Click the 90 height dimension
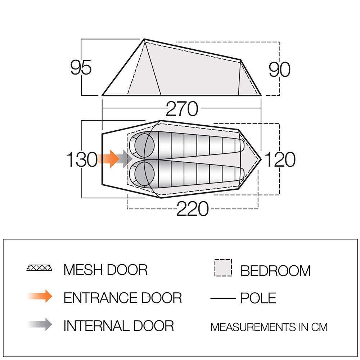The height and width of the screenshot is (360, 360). (x=279, y=69)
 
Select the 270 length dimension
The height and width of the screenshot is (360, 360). (x=182, y=109)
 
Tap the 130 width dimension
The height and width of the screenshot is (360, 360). (x=82, y=159)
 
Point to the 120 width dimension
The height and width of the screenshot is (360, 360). (x=280, y=159)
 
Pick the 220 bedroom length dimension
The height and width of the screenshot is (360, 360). (x=192, y=209)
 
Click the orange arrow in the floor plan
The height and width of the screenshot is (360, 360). (x=108, y=159)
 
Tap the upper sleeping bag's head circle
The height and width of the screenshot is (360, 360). (x=145, y=145)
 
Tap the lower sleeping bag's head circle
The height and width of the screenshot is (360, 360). (x=145, y=172)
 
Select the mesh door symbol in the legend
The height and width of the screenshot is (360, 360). (x=39, y=268)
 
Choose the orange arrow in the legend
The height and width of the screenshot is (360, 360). (x=40, y=296)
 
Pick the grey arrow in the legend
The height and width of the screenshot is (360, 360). (x=40, y=324)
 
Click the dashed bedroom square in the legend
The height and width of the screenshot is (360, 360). (x=223, y=268)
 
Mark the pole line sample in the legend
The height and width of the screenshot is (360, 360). (x=223, y=298)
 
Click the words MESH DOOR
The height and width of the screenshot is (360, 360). (x=105, y=270)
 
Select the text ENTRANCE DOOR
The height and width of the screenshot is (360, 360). (x=123, y=298)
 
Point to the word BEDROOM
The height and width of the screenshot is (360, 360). (x=275, y=271)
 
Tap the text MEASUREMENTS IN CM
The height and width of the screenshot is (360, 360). (x=269, y=327)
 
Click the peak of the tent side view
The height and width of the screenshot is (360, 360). (x=144, y=39)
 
